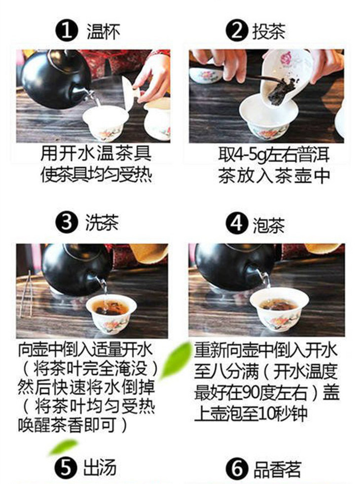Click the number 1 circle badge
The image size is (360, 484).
click(x=66, y=31)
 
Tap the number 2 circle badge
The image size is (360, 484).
click(x=237, y=31)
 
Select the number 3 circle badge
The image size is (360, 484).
click(x=66, y=223)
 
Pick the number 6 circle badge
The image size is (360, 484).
click(x=237, y=469)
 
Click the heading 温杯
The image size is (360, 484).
click(x=103, y=32)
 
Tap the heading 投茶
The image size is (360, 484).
click(x=269, y=32)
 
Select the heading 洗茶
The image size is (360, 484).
click(x=102, y=223)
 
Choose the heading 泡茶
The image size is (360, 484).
click(x=269, y=225)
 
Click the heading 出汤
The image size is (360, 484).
click(x=100, y=468)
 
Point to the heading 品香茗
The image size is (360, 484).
click(x=277, y=469)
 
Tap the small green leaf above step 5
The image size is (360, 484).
click(x=63, y=447)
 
